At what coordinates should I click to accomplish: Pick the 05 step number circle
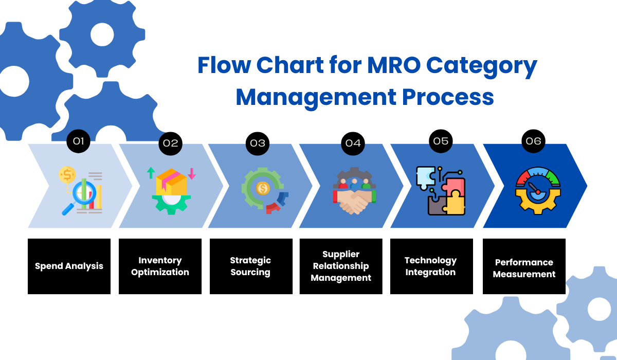click(x=441, y=141)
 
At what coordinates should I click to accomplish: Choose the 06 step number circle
click(x=534, y=141)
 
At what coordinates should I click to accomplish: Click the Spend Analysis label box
click(x=69, y=266)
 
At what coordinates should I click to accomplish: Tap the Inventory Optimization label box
click(x=160, y=266)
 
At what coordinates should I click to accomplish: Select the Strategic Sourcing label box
click(x=250, y=266)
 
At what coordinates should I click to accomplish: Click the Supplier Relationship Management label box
click(x=341, y=266)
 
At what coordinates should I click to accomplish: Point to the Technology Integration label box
click(x=431, y=266)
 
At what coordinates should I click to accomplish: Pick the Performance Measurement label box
click(x=524, y=266)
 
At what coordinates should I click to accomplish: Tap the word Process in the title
click(x=450, y=97)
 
